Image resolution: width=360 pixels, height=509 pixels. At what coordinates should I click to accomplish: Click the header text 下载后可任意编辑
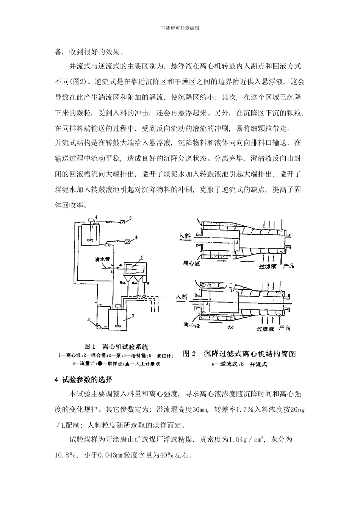click(180, 28)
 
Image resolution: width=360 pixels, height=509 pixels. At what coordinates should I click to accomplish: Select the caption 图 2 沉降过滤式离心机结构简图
click(239, 354)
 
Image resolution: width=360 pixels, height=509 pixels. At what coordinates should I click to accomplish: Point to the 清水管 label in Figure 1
click(102, 260)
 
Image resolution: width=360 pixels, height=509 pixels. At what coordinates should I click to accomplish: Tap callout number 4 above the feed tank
click(97, 217)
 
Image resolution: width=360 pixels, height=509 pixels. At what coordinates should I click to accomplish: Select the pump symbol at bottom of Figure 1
click(99, 326)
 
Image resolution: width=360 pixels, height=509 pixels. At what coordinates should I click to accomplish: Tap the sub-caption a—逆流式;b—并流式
click(239, 364)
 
